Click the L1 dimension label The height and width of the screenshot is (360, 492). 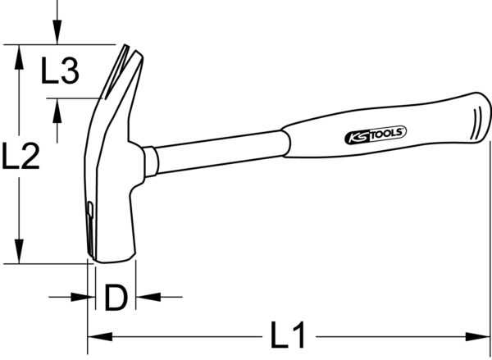coord(288,335)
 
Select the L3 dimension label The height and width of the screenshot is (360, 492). coord(60,74)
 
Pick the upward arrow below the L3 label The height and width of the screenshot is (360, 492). coord(56,107)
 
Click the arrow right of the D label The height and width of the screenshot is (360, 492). coord(143,298)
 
